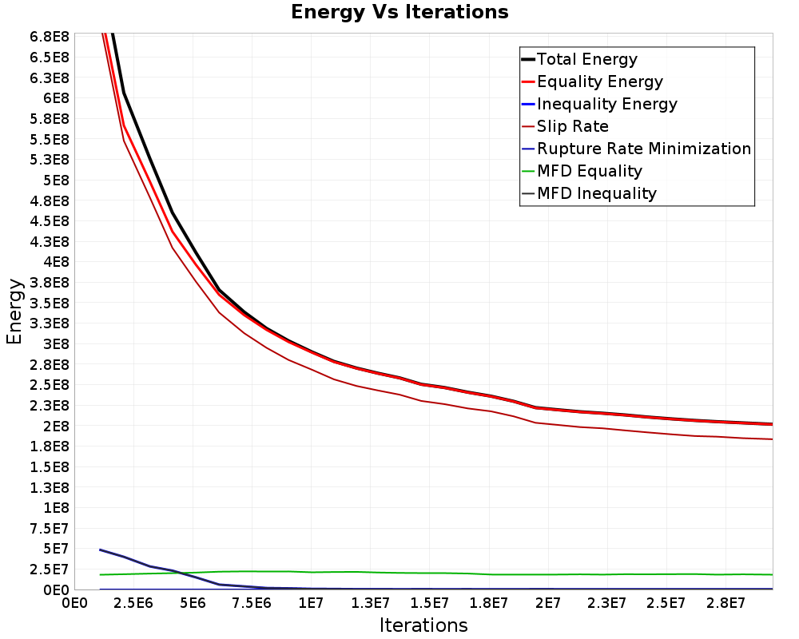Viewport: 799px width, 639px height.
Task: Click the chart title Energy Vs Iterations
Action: [x=399, y=12]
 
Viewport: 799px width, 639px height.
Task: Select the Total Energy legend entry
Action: [x=579, y=59]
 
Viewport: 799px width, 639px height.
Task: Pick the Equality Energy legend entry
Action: [x=593, y=81]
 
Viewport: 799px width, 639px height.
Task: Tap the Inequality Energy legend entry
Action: [x=600, y=104]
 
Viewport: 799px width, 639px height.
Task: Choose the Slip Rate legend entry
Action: [x=565, y=126]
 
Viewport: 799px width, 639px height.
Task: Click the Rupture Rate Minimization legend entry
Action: [x=637, y=149]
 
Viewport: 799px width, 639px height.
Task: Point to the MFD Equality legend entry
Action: [x=582, y=171]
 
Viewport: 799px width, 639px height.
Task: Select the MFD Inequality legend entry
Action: [x=589, y=193]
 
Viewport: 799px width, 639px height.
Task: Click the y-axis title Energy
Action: [x=14, y=312]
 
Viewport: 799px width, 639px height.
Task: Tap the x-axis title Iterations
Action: [x=423, y=625]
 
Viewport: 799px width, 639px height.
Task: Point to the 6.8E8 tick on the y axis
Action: [x=49, y=37]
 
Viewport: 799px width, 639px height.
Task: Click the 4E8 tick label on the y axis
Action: [x=56, y=262]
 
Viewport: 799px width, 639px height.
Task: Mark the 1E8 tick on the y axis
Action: [x=56, y=508]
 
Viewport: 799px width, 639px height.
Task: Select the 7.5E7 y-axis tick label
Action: [x=49, y=529]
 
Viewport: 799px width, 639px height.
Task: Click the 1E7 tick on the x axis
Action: [x=311, y=604]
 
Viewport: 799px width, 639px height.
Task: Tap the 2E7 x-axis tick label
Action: [x=548, y=604]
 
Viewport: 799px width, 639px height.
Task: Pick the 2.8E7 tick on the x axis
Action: [x=725, y=604]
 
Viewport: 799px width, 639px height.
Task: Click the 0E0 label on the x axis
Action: [x=75, y=604]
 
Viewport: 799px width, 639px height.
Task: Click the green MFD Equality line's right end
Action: [x=773, y=575]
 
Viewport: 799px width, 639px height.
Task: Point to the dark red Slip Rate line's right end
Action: [x=773, y=439]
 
